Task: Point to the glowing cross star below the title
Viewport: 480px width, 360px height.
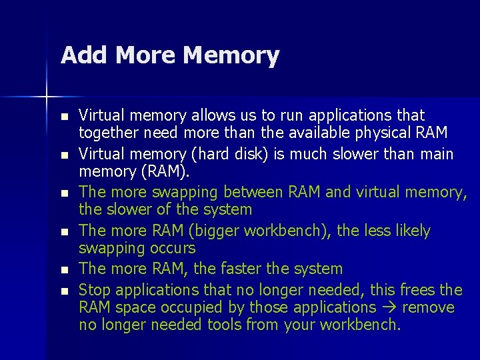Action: click(x=47, y=97)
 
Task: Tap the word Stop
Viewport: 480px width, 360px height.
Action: click(x=94, y=289)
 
